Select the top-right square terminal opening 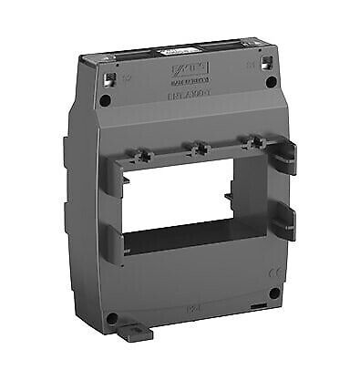coord(266,63)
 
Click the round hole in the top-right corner coord(271,83)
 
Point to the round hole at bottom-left coord(111,318)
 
